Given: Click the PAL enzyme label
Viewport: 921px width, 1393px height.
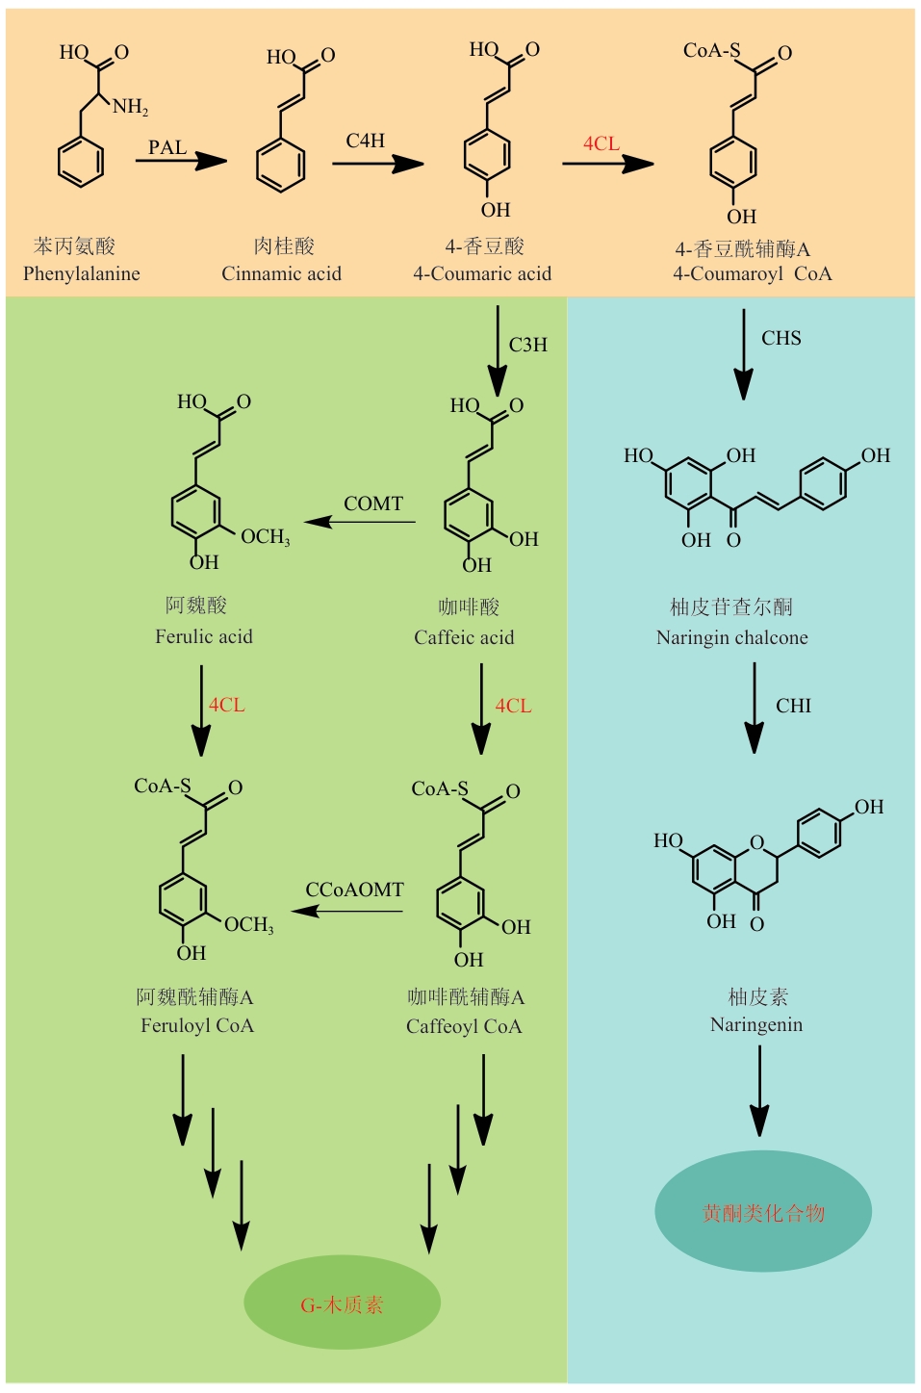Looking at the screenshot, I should [x=167, y=147].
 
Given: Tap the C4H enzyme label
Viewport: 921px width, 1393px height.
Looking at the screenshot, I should [x=366, y=141].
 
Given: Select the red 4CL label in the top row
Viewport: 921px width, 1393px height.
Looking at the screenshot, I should [x=601, y=143].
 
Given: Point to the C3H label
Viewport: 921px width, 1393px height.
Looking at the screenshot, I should [x=528, y=345].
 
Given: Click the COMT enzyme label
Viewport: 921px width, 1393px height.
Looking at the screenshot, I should [x=373, y=503].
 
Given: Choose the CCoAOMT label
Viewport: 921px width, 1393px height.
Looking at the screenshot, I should [x=354, y=890].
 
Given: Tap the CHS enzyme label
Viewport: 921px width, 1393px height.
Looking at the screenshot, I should [x=781, y=338].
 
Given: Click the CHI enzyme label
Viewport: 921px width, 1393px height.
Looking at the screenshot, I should [x=794, y=706].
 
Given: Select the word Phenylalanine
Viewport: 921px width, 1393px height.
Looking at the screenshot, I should [x=82, y=273].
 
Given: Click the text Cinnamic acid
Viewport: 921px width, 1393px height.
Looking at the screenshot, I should [x=281, y=273].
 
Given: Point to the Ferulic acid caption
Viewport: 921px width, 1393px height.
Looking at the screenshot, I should [x=204, y=636].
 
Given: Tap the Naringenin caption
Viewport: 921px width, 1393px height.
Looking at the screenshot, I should [x=756, y=1024].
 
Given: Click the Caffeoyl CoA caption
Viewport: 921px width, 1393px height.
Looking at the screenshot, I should [x=464, y=1026].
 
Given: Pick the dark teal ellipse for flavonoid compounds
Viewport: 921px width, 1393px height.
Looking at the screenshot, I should [x=763, y=1211].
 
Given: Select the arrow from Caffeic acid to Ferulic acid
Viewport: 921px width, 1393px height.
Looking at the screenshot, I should [x=360, y=523].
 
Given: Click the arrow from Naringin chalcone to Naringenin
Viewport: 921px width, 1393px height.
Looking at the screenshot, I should [x=755, y=708].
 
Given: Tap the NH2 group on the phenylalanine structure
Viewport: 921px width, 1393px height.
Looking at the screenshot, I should [x=130, y=107].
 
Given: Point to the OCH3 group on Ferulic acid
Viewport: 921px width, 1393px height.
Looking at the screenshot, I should [x=265, y=537].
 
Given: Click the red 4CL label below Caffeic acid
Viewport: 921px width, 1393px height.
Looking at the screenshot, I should [x=513, y=706].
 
